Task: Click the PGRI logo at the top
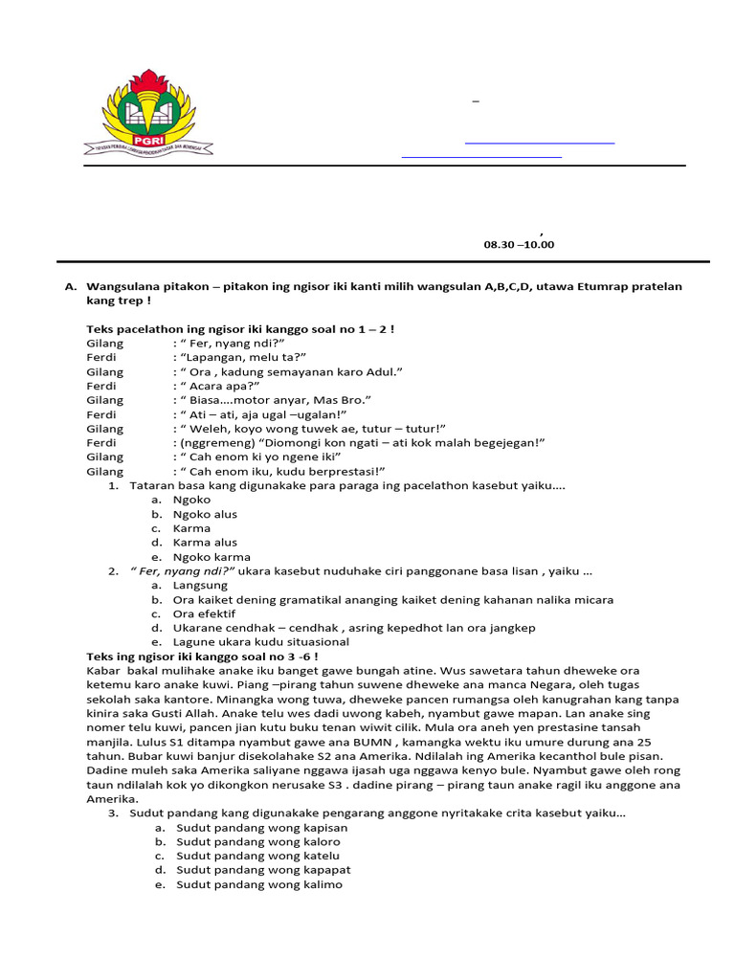tap(157, 113)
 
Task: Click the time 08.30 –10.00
tap(519, 245)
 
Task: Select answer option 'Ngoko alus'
tap(205, 514)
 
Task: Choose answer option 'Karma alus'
tap(205, 543)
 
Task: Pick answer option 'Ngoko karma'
tap(212, 557)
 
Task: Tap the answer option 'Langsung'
tap(200, 585)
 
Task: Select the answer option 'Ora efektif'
tap(204, 613)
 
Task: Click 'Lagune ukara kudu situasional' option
tap(260, 642)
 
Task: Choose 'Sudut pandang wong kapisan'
tap(262, 828)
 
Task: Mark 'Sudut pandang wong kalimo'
tap(259, 884)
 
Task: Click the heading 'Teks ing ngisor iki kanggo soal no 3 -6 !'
tap(203, 657)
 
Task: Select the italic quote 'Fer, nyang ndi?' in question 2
tap(183, 571)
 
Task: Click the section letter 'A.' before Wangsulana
tap(70, 287)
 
